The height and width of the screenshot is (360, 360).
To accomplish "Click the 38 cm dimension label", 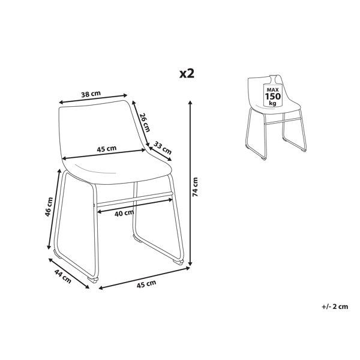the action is point(91,94).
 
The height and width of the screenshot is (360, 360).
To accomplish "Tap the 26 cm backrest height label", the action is point(145,122).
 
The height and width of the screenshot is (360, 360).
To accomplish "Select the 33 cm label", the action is point(163,148).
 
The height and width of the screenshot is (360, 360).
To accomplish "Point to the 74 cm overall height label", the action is point(195,187).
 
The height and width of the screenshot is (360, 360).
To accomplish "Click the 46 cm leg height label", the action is point(49,206).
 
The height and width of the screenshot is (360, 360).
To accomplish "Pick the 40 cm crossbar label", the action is point(124,213).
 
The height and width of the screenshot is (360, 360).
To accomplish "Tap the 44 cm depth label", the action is point(62,276).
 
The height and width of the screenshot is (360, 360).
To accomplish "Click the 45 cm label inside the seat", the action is point(107,149).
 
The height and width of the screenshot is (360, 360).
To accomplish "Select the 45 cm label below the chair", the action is point(146,284).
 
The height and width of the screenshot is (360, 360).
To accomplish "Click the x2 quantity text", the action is point(187,74).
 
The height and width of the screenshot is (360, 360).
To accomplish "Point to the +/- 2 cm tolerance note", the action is point(335,307).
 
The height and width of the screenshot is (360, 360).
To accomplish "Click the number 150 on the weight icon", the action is point(273,96).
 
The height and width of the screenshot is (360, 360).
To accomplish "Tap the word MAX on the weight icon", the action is point(273,90).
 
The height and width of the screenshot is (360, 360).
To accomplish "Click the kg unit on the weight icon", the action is point(273,103).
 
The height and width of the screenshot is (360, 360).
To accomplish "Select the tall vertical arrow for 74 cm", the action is point(190,183).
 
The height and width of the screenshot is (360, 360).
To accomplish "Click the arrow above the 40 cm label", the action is point(135,205).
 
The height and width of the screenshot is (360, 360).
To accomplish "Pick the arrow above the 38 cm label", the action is point(93,99).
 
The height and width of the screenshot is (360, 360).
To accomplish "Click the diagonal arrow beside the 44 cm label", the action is point(69,274).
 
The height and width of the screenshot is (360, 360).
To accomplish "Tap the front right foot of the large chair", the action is point(178,261).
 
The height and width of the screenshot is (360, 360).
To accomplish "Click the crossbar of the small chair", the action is point(283,121).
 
